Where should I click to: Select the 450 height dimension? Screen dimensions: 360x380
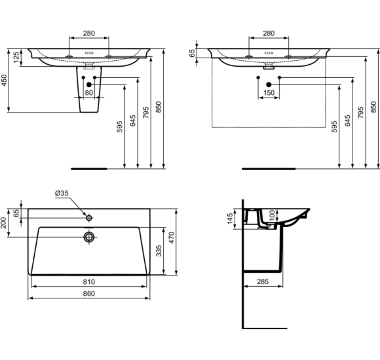point(5,80)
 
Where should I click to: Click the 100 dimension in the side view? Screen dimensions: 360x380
point(271,215)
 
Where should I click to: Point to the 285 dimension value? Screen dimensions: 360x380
point(263,282)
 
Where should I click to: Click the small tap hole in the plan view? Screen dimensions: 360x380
point(86,215)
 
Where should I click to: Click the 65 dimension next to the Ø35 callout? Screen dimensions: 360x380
point(16,212)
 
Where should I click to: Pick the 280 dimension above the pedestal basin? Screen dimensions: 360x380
point(89,33)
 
